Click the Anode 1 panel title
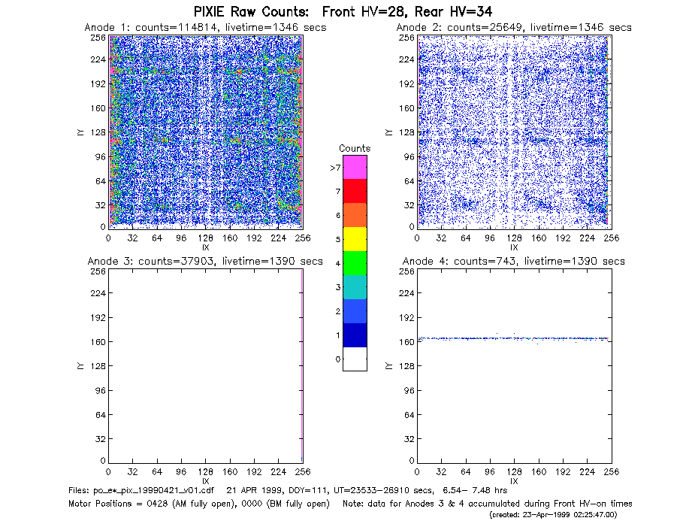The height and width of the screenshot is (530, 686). pyautogui.click(x=205, y=28)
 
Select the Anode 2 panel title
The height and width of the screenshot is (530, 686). pyautogui.click(x=514, y=28)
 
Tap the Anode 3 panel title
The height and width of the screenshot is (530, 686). pyautogui.click(x=205, y=262)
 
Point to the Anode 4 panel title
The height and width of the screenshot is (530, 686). pyautogui.click(x=514, y=262)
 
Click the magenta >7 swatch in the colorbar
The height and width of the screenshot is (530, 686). pyautogui.click(x=355, y=167)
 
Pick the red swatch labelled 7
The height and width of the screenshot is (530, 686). pyautogui.click(x=355, y=191)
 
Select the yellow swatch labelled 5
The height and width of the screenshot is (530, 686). pyautogui.click(x=355, y=239)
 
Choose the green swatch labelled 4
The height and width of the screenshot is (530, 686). pyautogui.click(x=355, y=263)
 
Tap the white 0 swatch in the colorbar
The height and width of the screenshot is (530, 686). pyautogui.click(x=355, y=359)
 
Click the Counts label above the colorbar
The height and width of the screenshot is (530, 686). pyautogui.click(x=355, y=148)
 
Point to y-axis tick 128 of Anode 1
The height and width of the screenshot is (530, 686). pyautogui.click(x=98, y=132)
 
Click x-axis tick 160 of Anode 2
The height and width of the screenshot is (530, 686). pyautogui.click(x=539, y=238)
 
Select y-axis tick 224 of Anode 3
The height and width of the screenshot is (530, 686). pyautogui.click(x=98, y=293)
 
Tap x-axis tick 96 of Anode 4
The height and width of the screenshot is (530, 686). pyautogui.click(x=490, y=472)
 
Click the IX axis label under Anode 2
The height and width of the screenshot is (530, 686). pyautogui.click(x=514, y=247)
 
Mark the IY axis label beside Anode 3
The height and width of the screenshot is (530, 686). pyautogui.click(x=80, y=366)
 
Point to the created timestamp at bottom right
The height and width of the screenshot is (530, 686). pyautogui.click(x=553, y=515)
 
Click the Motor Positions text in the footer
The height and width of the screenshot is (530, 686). pyautogui.click(x=100, y=504)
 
